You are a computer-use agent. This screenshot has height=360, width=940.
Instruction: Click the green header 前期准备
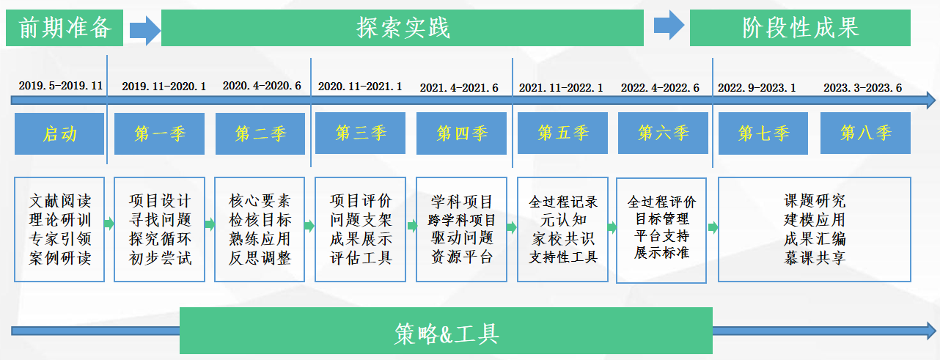click(x=65, y=28)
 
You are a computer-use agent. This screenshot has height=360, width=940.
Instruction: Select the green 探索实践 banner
click(x=402, y=28)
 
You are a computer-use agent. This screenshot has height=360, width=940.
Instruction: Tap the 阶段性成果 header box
click(x=800, y=28)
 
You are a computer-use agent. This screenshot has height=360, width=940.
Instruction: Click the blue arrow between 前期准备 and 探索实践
click(x=144, y=30)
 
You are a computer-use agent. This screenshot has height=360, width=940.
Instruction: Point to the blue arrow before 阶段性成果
click(x=669, y=25)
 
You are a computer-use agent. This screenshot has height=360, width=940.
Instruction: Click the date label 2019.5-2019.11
click(x=61, y=86)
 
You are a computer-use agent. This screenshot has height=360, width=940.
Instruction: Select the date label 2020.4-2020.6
click(x=262, y=86)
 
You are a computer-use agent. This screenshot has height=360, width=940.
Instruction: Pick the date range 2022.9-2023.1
click(x=757, y=88)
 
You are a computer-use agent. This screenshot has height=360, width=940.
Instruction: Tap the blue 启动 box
click(x=59, y=134)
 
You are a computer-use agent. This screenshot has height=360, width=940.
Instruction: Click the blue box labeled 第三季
click(x=360, y=133)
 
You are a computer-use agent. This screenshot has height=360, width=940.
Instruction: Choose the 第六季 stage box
click(x=663, y=133)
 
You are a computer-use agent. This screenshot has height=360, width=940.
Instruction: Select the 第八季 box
click(x=865, y=133)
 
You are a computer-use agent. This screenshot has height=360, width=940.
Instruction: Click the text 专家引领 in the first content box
click(x=60, y=239)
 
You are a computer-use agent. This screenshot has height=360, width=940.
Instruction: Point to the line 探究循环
click(x=160, y=239)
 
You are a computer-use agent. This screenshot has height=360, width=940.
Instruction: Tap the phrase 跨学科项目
click(x=462, y=220)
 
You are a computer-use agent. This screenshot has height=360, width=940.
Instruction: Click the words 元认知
click(x=563, y=219)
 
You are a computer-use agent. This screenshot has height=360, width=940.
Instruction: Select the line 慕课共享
click(x=815, y=257)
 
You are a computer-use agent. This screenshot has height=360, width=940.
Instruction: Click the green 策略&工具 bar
click(x=446, y=331)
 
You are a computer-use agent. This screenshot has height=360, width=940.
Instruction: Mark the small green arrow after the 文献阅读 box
click(x=109, y=224)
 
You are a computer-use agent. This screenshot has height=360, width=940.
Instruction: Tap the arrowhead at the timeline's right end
click(x=931, y=100)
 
